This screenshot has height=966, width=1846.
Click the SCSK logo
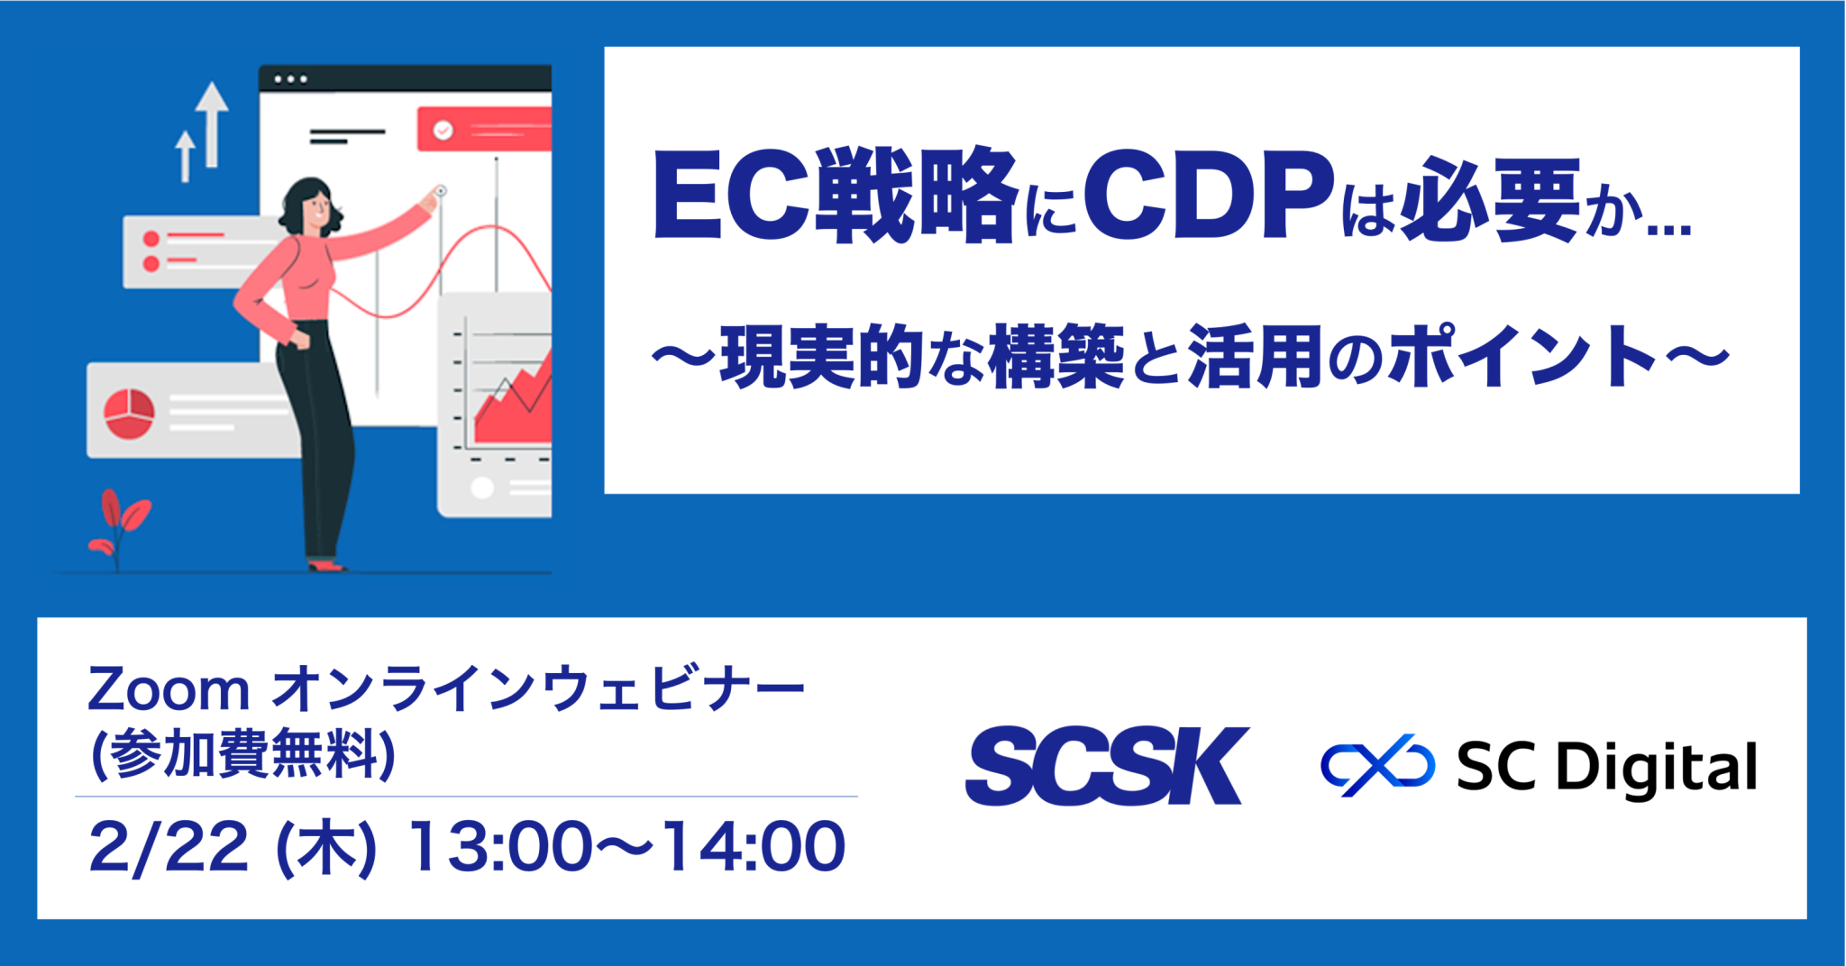(1107, 766)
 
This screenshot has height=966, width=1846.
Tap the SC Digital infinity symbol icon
(1377, 766)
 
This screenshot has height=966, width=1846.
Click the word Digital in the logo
(1657, 768)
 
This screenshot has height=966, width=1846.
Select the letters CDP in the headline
(1208, 196)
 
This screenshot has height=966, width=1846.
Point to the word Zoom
(168, 691)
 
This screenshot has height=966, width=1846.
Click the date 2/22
(169, 848)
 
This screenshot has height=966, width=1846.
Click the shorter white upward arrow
(185, 156)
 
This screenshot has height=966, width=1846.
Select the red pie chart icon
(129, 414)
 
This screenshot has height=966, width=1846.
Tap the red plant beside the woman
(118, 527)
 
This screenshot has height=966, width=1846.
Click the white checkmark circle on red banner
(443, 131)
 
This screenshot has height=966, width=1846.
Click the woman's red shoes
(326, 566)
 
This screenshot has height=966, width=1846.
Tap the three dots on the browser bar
(290, 79)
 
